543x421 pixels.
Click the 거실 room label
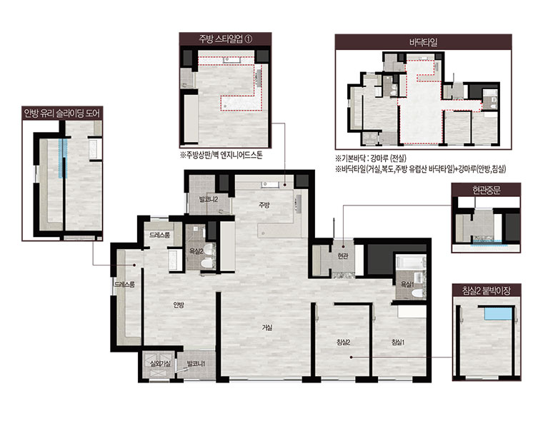[267, 327]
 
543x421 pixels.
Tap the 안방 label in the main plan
[179, 305]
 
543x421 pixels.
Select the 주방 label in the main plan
[264, 205]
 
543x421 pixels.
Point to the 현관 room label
[342, 256]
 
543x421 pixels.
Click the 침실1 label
[398, 342]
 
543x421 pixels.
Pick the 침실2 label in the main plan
[344, 342]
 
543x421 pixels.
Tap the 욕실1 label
[407, 285]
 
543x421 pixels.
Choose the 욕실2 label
[196, 251]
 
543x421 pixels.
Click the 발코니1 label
[196, 364]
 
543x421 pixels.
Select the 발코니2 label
[208, 199]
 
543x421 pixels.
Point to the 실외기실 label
[160, 364]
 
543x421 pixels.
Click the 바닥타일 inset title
[423, 42]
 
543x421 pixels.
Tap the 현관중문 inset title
[487, 190]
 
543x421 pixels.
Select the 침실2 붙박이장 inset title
[487, 290]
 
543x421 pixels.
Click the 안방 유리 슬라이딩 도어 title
[62, 113]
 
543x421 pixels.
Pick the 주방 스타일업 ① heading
[225, 39]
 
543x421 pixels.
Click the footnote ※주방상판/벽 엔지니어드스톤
[221, 154]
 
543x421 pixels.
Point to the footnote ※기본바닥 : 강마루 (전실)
[371, 158]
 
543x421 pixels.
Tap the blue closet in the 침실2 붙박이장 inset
[498, 314]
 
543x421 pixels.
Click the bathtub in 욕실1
[411, 262]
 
